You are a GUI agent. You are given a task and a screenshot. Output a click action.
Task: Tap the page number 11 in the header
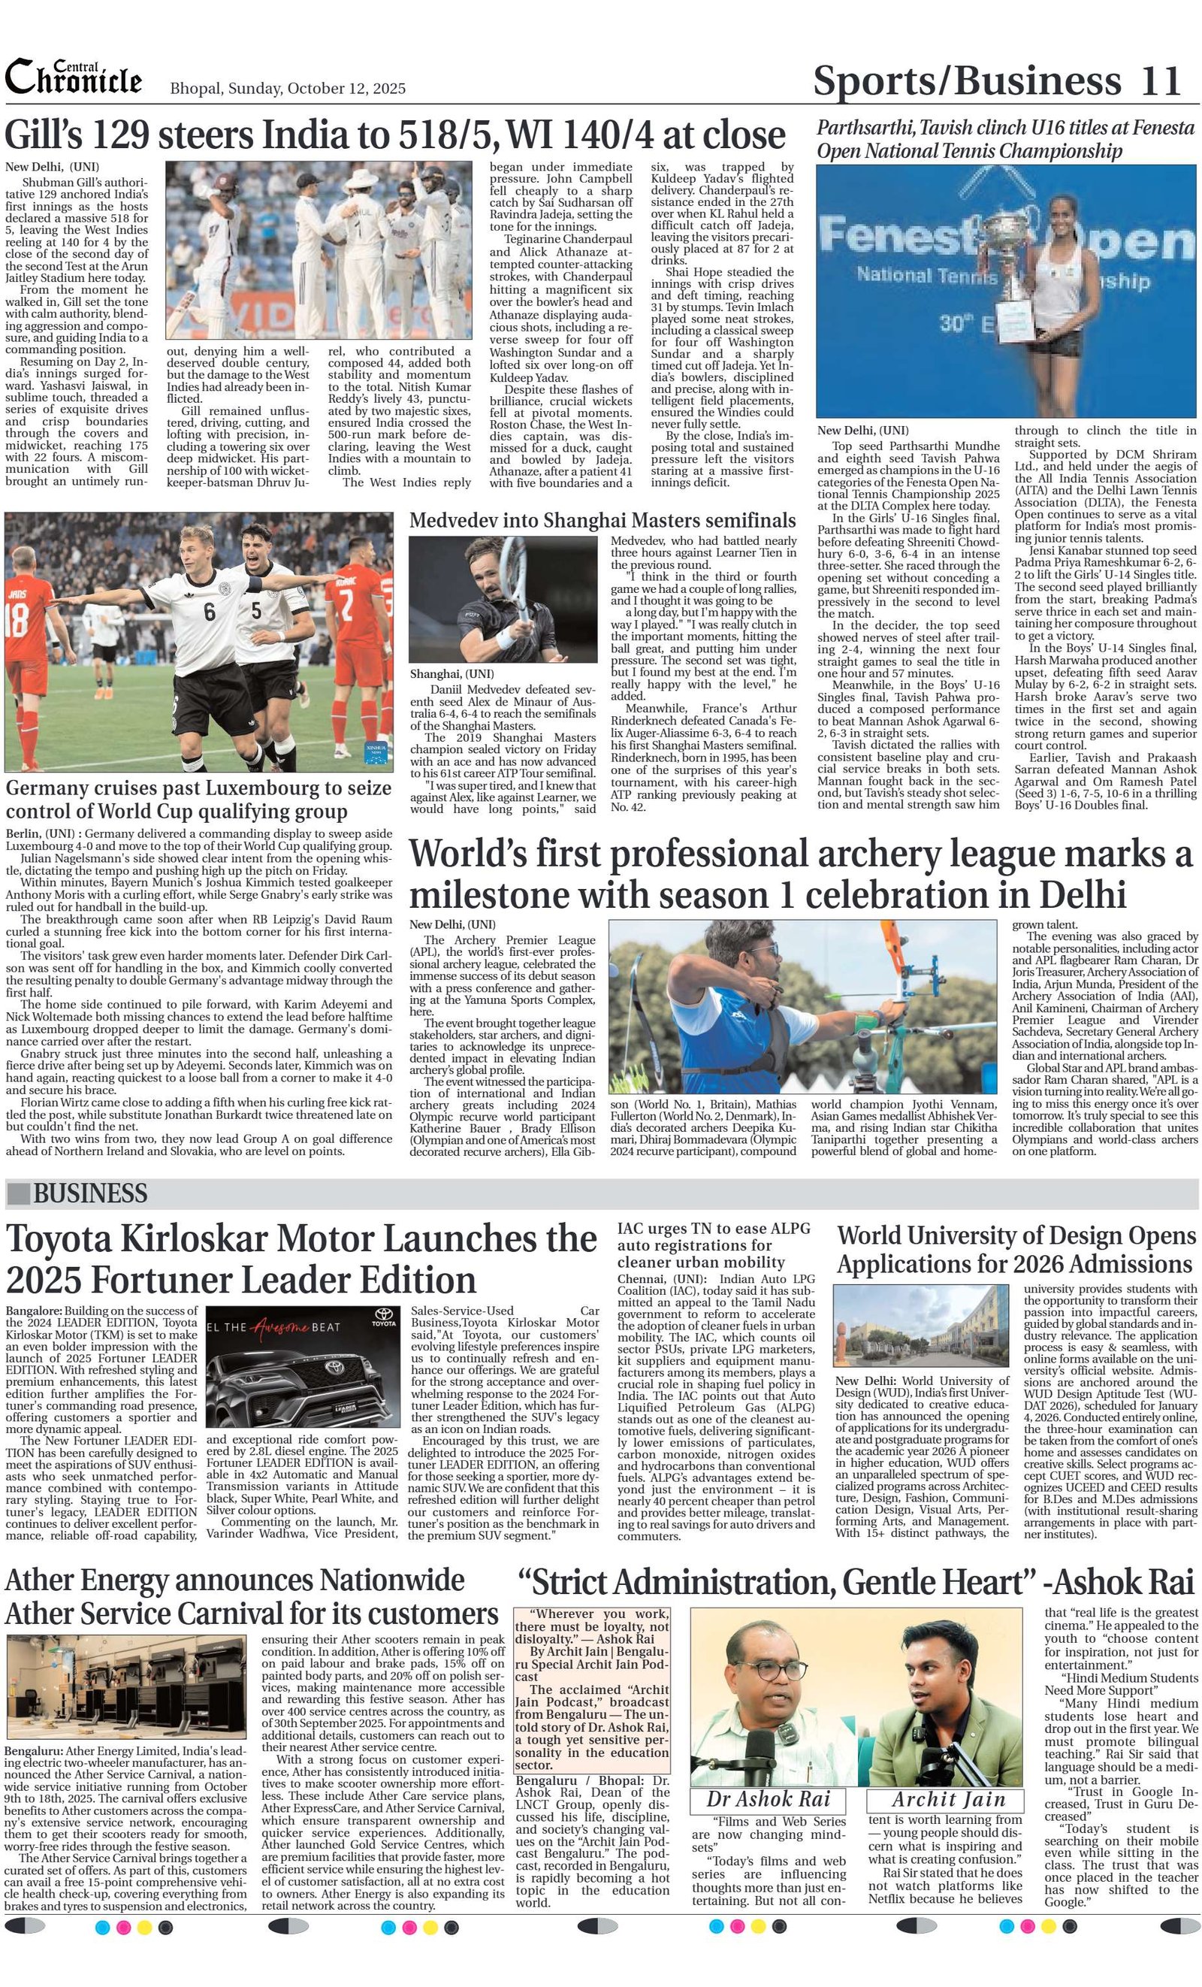pyautogui.click(x=1161, y=80)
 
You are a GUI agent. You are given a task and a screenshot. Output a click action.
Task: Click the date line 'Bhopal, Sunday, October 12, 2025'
pyautogui.click(x=287, y=89)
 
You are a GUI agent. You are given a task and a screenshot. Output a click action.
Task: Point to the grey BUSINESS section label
pyautogui.click(x=89, y=1193)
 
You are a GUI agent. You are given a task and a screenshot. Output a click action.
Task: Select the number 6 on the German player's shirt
pyautogui.click(x=210, y=611)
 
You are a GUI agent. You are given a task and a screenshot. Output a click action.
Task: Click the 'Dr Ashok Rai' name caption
pyautogui.click(x=769, y=1798)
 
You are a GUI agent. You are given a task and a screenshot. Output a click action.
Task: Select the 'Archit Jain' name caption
pyautogui.click(x=948, y=1798)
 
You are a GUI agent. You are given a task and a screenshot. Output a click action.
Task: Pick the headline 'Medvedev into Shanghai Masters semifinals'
pyautogui.click(x=603, y=520)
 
